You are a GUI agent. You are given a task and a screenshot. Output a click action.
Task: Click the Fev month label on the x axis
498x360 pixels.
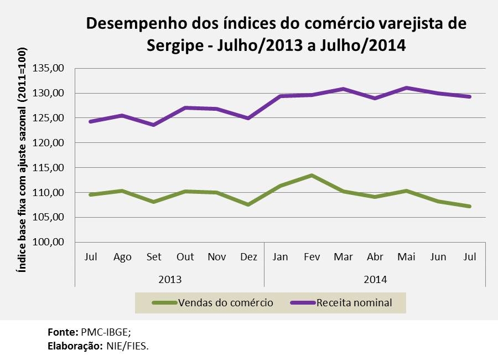(x=312, y=257)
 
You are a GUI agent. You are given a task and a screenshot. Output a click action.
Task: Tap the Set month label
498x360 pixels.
(x=154, y=257)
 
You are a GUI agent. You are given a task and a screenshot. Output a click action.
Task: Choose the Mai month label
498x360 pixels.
(x=406, y=257)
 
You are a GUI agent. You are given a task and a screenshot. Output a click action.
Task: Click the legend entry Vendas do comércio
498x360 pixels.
(x=225, y=303)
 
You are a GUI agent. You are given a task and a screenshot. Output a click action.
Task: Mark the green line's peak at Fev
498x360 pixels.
(x=312, y=176)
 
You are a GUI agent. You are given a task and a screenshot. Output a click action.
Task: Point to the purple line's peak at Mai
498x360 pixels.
(x=406, y=88)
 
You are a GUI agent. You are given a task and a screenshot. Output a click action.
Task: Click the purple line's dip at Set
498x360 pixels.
(x=154, y=125)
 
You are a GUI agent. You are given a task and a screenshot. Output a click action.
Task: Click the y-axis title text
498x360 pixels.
(x=22, y=166)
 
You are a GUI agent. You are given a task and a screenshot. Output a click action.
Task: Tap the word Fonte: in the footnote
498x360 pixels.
(x=63, y=333)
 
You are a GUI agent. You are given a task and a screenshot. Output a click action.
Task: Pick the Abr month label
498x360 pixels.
(x=375, y=257)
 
